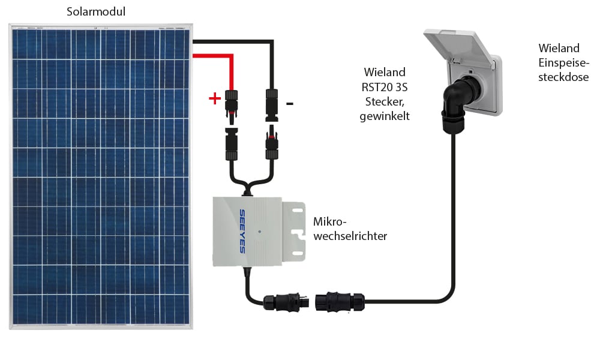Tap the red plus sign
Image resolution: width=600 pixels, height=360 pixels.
[x=214, y=99]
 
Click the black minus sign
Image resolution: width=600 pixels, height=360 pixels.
[x=290, y=103]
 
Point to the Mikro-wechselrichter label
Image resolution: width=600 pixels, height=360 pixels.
[x=350, y=229]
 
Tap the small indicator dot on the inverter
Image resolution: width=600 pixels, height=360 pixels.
[x=258, y=230]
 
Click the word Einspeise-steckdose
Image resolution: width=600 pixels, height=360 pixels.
[x=563, y=70]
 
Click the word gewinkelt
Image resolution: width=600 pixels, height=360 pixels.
[x=385, y=116]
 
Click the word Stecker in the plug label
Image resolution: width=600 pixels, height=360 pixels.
[x=384, y=101]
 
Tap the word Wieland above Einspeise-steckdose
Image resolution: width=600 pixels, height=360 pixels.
[x=559, y=47]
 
